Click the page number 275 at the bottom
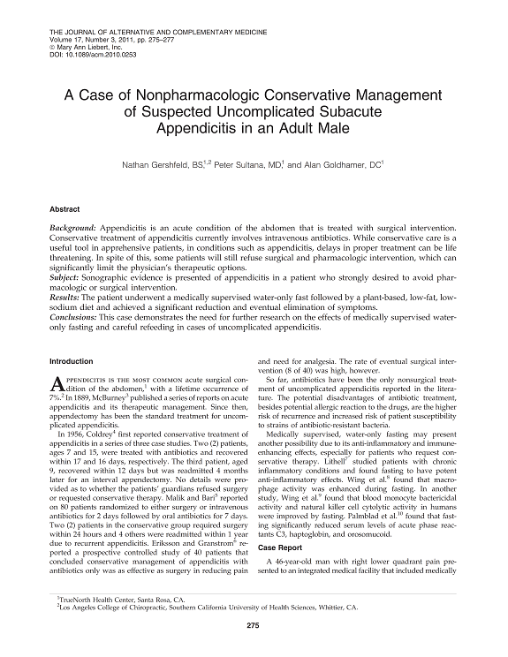pyautogui.click(x=254, y=626)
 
